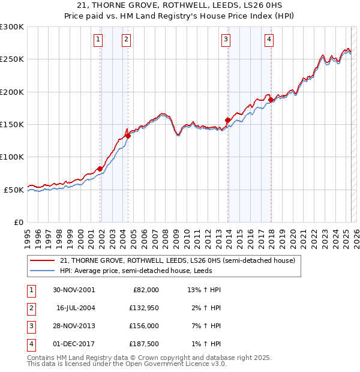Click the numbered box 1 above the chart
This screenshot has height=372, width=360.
(x=98, y=40)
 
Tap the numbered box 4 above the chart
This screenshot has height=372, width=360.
(x=269, y=40)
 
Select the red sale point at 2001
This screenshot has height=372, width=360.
(x=100, y=169)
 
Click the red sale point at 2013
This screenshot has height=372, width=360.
(x=227, y=120)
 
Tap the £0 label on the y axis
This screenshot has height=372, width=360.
(x=18, y=222)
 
